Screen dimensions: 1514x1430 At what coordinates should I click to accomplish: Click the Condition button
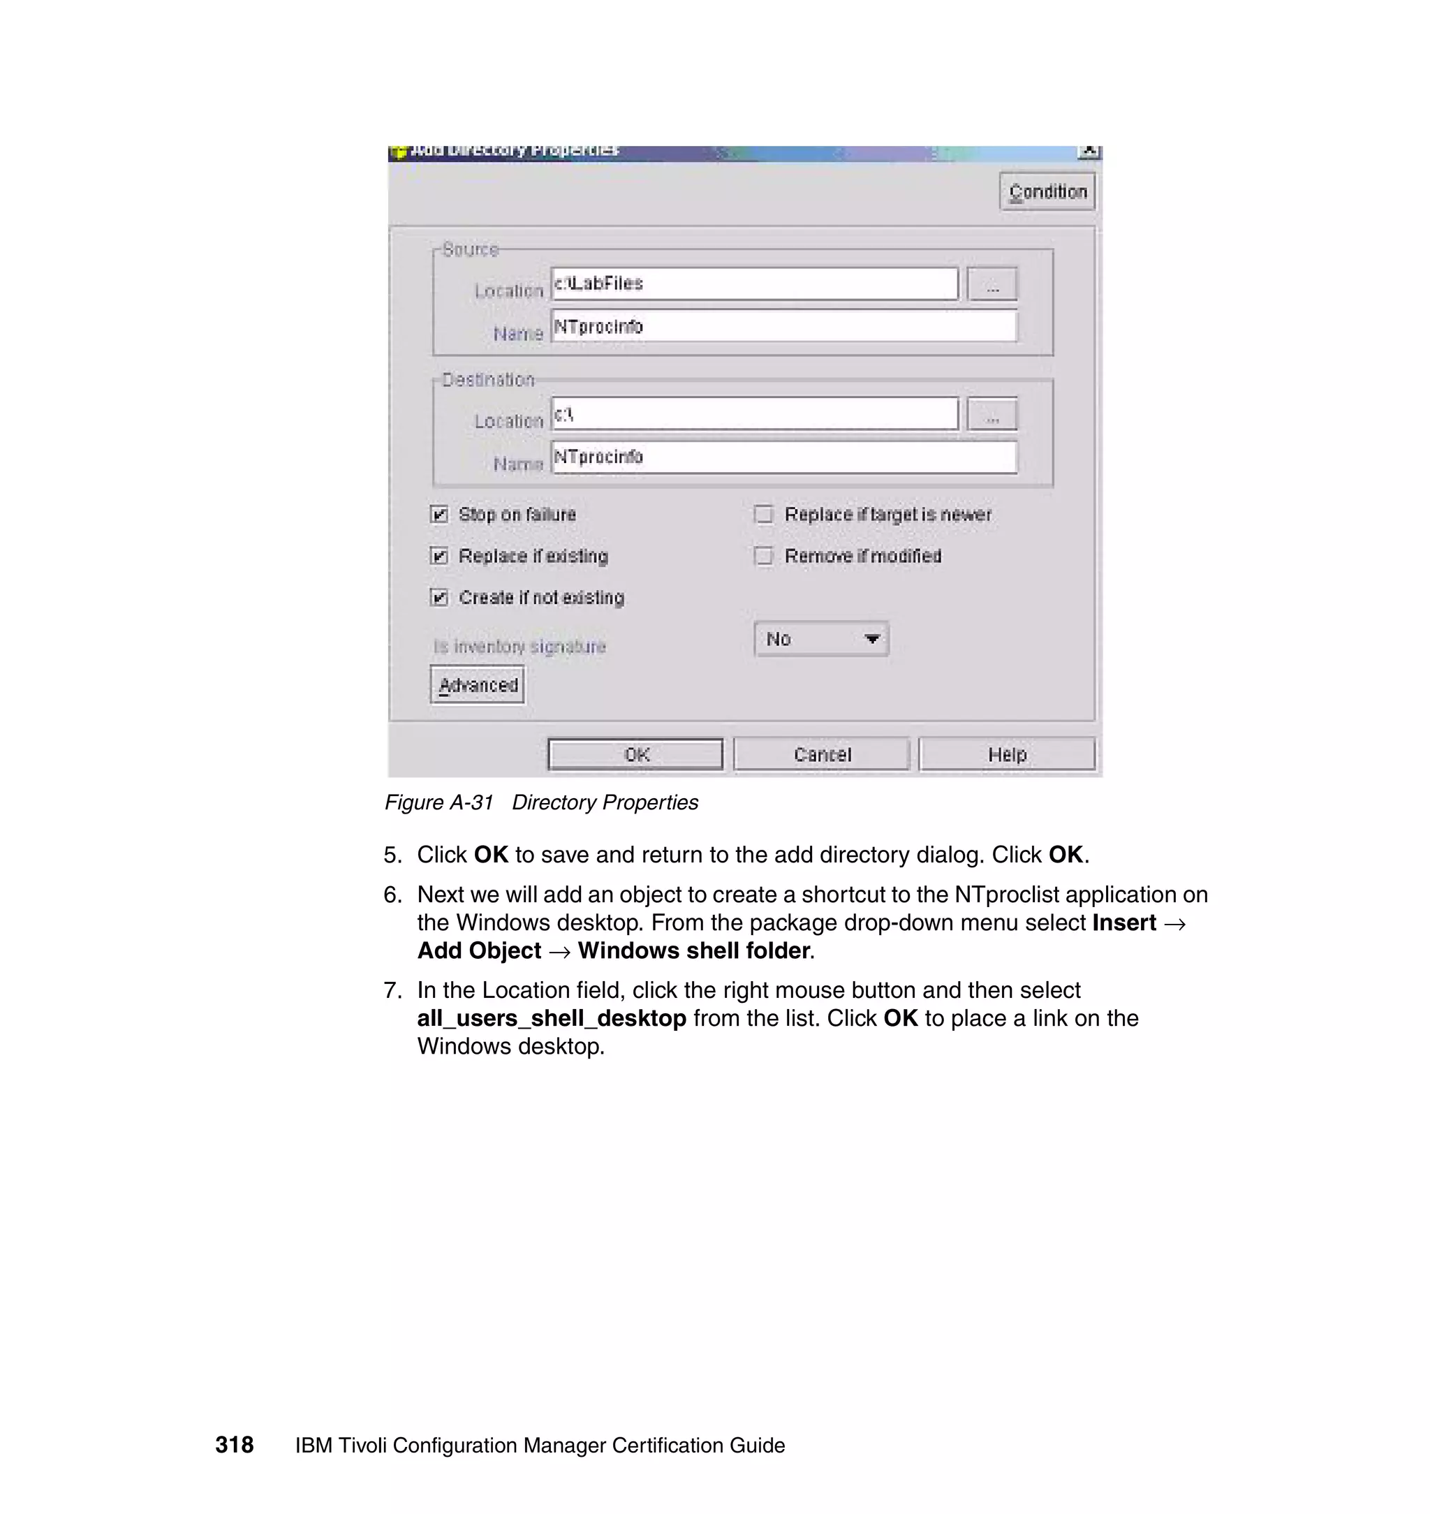1047,191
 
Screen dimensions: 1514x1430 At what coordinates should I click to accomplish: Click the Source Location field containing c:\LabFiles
754,284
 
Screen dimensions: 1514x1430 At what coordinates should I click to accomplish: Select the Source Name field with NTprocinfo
783,326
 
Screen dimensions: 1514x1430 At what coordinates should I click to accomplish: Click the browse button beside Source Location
992,284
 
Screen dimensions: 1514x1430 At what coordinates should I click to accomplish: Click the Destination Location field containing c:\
754,414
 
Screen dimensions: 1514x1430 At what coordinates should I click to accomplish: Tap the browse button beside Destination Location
992,415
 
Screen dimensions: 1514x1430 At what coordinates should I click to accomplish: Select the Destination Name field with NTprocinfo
783,457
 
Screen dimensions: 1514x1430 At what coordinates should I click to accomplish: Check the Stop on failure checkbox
440,515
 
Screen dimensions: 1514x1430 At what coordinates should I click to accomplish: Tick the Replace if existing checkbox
440,556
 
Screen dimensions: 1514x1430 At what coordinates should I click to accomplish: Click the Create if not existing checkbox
440,597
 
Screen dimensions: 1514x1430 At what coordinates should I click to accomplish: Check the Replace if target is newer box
763,515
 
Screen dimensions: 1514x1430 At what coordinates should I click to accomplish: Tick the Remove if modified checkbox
763,556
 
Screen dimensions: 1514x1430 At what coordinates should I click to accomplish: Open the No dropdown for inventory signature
821,639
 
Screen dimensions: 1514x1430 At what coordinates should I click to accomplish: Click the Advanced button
478,684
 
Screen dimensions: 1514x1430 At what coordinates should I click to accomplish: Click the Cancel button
822,754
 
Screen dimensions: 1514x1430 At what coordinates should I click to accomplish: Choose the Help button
1007,754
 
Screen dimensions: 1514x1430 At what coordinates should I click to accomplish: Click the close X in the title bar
1089,151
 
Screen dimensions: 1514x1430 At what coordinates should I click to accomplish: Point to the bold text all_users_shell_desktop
551,1018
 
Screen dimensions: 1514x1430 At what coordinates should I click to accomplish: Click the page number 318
234,1445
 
